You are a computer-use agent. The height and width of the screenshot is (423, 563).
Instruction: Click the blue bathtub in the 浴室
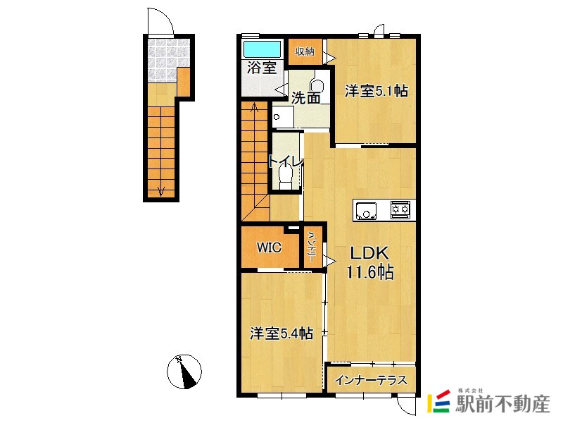262,49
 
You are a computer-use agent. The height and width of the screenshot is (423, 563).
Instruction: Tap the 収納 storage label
305,51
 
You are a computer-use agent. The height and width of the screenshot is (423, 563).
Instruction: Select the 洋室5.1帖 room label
377,91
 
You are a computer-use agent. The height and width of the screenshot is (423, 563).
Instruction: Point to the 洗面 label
305,97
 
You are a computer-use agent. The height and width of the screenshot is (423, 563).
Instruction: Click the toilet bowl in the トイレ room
286,178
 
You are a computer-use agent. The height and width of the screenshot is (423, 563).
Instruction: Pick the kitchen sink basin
366,211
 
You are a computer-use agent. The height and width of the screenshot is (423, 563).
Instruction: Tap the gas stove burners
400,209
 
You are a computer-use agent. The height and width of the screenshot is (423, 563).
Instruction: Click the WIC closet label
269,247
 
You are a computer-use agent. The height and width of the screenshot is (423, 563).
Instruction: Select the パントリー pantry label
311,247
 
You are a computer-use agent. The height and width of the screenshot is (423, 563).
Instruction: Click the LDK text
369,253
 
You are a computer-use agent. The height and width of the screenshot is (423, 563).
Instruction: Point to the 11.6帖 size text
370,272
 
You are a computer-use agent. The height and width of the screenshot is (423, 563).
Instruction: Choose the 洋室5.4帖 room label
281,333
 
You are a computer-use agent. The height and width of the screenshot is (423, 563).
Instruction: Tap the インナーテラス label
371,380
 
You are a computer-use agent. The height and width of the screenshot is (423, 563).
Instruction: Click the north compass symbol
184,372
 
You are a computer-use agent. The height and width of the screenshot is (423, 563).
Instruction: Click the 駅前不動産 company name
502,403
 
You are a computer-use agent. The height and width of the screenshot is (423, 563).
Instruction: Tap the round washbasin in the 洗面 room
317,86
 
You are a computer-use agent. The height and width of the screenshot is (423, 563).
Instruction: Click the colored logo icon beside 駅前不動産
438,401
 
